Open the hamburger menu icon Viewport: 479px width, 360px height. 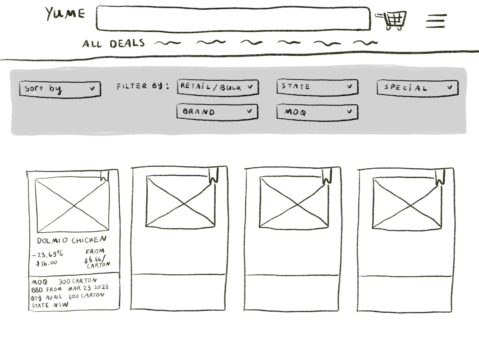click(436, 21)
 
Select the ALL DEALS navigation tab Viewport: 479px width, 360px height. click(113, 44)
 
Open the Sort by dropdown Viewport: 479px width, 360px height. click(60, 89)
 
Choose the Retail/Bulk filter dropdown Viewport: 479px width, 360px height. click(218, 87)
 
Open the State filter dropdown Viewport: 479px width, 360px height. click(317, 87)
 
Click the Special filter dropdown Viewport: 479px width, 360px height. click(417, 88)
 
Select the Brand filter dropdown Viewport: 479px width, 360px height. click(217, 112)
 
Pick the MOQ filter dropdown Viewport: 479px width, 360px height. click(317, 112)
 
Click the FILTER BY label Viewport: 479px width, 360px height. click(143, 86)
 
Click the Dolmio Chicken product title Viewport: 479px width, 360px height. click(71, 240)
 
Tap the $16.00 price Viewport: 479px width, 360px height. click(46, 263)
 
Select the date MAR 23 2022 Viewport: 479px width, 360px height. click(88, 288)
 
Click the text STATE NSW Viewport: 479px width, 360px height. click(50, 305)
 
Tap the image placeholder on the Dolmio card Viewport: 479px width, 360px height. click(72, 205)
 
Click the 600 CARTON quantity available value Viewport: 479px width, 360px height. click(86, 296)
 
